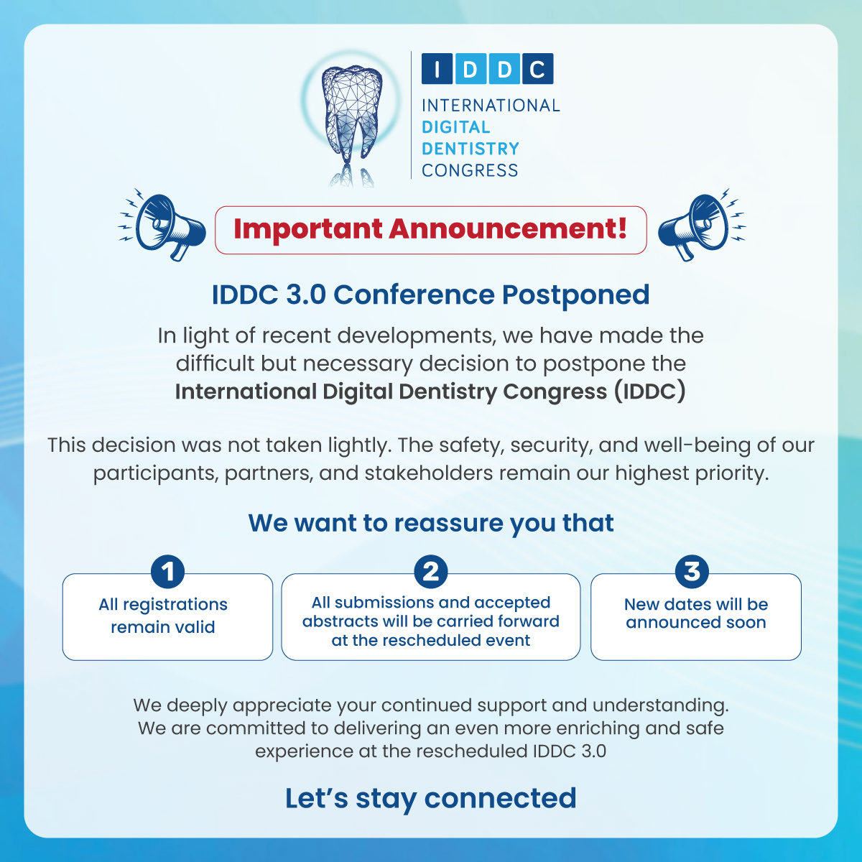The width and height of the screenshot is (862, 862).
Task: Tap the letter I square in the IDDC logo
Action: [x=437, y=69]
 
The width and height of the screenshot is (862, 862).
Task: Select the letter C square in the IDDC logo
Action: [x=538, y=69]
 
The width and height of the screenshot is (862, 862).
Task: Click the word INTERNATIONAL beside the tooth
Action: [x=491, y=106]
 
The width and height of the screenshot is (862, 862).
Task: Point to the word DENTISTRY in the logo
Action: [x=470, y=149]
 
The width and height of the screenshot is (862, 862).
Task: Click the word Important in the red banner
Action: [x=308, y=229]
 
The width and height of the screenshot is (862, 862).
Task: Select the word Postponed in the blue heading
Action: [x=575, y=295]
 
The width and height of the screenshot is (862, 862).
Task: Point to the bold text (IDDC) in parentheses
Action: [x=649, y=391]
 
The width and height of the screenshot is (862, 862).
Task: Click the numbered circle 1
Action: [x=168, y=572]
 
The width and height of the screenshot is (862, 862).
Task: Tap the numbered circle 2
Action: [x=431, y=572]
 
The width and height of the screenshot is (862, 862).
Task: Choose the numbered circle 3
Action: [x=692, y=572]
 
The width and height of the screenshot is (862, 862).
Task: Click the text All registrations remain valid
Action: [x=163, y=616]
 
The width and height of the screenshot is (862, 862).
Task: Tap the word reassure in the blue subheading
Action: [x=448, y=523]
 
